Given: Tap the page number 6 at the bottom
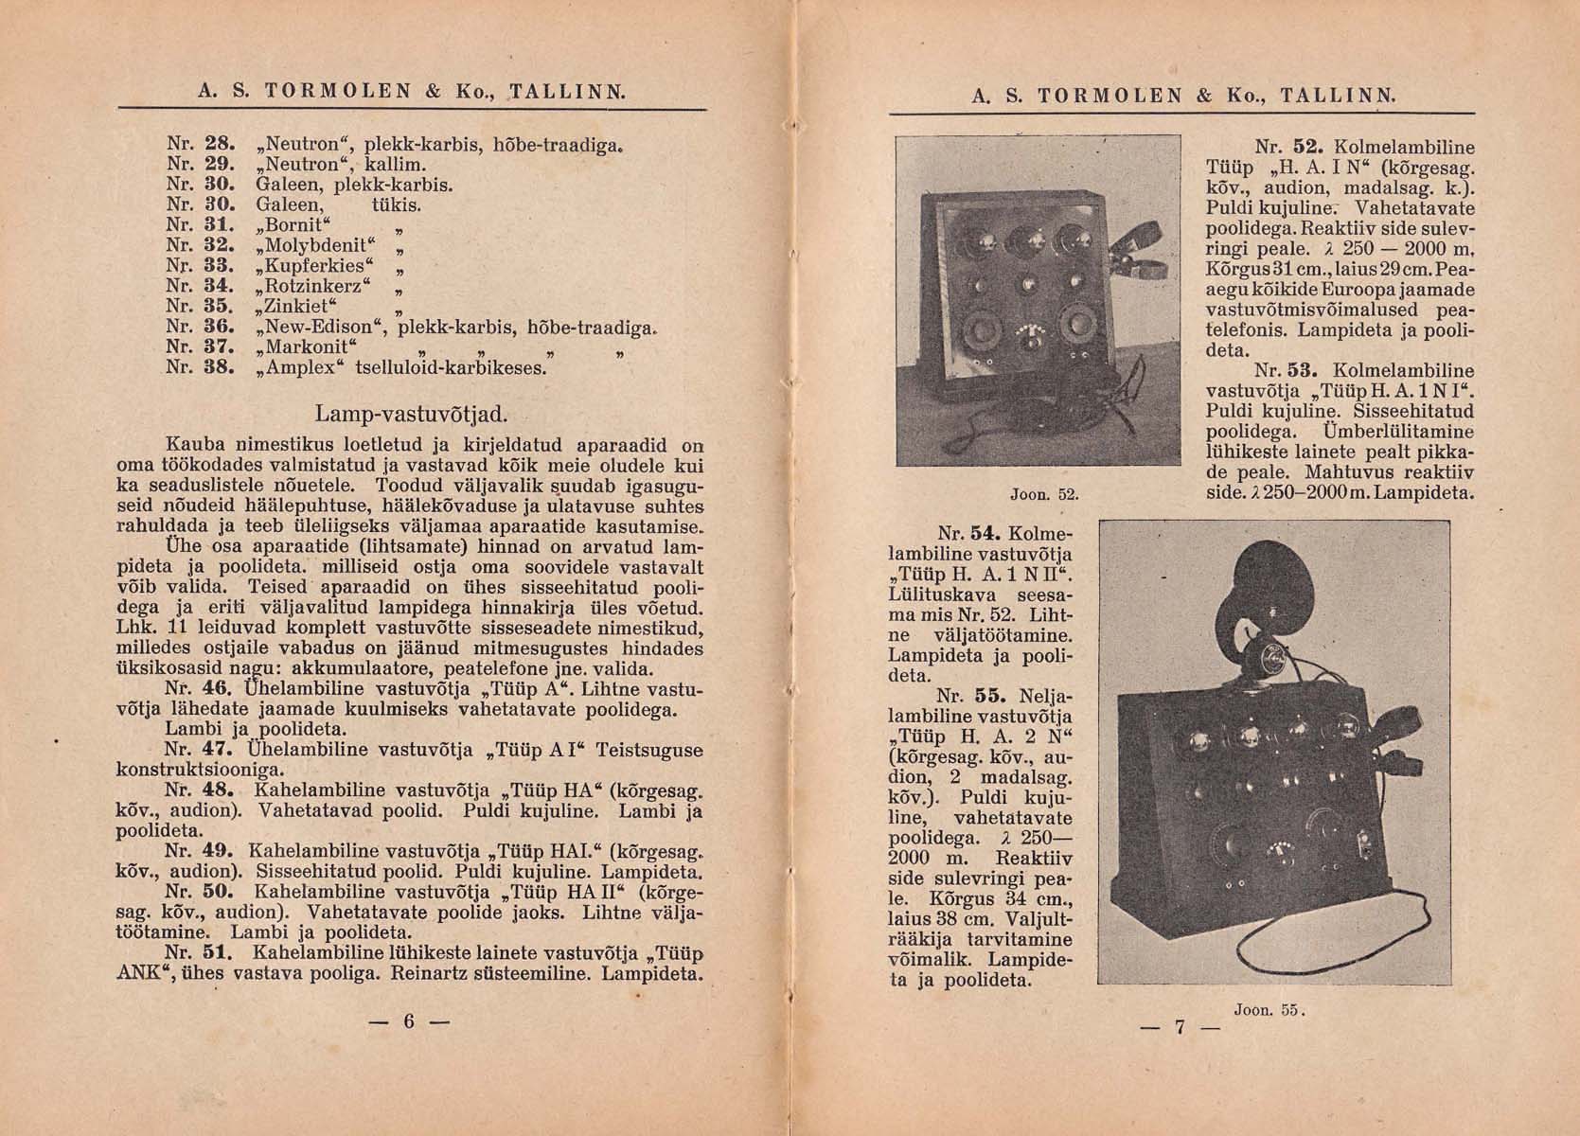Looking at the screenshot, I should (x=409, y=1021).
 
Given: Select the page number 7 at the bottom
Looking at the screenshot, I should (x=1180, y=1027).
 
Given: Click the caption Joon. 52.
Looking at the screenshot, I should (x=1045, y=494).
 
